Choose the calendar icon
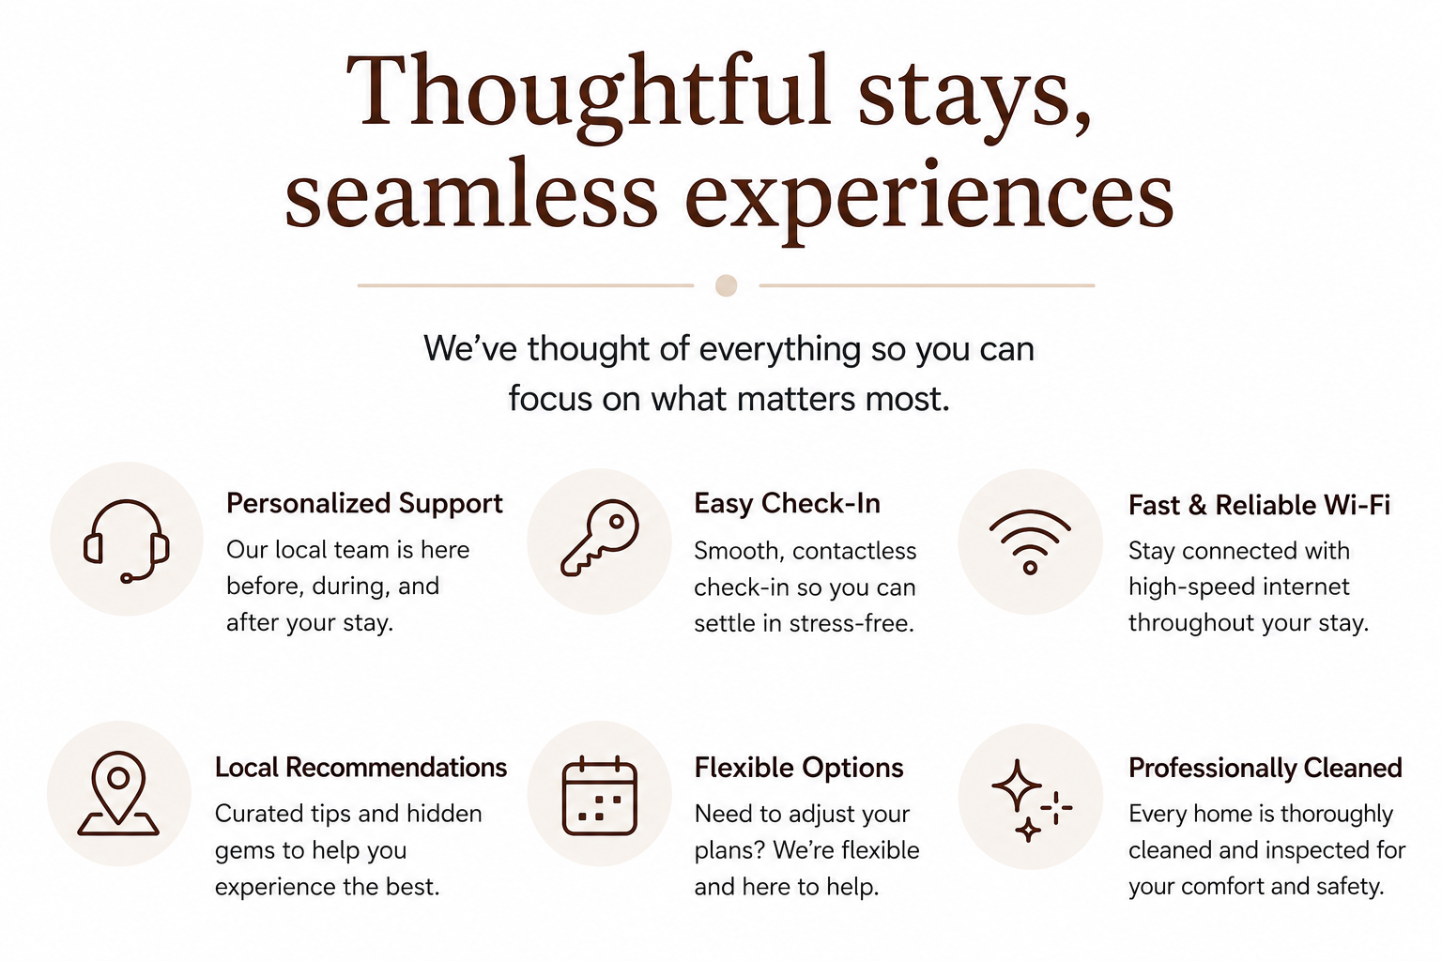pos(599,796)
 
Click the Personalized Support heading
pos(364,503)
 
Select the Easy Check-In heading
pos(787,503)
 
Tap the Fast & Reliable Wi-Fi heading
pos(1259,505)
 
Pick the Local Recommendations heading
pos(360,768)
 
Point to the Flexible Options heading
pos(799,768)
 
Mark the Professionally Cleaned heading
pos(1265,768)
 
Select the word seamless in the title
pos(471,193)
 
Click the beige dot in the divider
pos(726,285)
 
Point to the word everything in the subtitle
pos(780,350)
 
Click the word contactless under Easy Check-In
pos(854,551)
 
